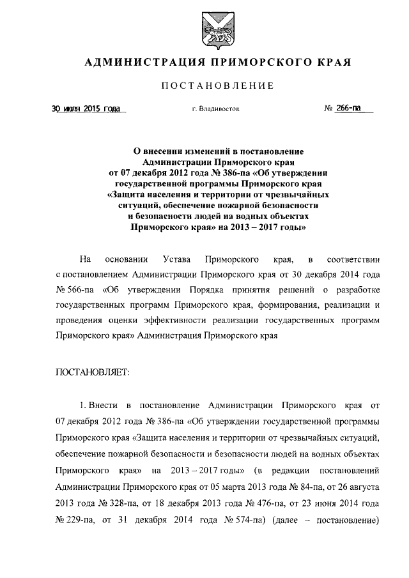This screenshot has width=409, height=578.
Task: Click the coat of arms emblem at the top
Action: tap(213, 30)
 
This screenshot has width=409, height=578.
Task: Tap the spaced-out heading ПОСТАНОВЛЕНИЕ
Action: tap(217, 86)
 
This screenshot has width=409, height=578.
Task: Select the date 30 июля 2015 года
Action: tap(86, 109)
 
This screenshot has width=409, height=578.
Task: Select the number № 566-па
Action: tap(75, 291)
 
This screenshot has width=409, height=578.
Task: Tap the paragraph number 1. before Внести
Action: tap(83, 406)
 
